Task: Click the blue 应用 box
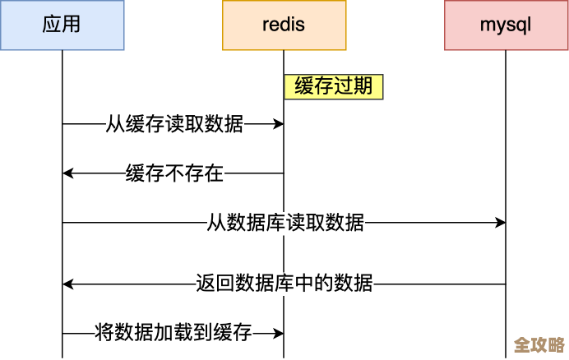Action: (x=62, y=25)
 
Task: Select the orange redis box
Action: (x=284, y=25)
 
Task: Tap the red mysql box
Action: (x=506, y=25)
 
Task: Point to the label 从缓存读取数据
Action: (x=174, y=124)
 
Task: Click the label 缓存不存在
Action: (x=174, y=173)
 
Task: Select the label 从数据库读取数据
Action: (x=285, y=223)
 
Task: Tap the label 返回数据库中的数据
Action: (x=284, y=284)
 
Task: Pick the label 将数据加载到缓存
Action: (x=173, y=334)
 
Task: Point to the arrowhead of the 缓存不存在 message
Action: (x=68, y=173)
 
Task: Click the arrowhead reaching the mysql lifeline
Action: (x=500, y=223)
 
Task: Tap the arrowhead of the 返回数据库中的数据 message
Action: (x=68, y=284)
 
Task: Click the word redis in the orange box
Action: (x=284, y=25)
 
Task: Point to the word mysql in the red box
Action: (x=506, y=25)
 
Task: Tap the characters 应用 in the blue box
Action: (x=62, y=25)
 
